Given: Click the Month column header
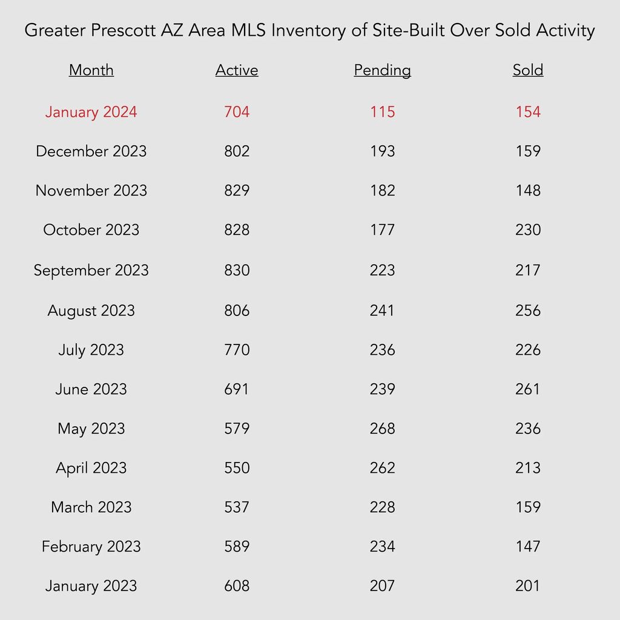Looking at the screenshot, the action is coord(91,70).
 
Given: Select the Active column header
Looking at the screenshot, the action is coord(237,70).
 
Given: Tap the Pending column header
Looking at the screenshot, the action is coord(383,71).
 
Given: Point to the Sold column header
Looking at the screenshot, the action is coord(528,70).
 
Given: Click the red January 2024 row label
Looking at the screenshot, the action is coord(91,112).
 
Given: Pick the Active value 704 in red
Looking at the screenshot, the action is coord(237,112).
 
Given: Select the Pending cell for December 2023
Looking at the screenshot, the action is coord(383,151).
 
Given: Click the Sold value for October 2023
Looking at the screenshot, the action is coord(528,230).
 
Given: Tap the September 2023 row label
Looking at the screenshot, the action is coord(91,271).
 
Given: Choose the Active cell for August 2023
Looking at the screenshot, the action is coord(237,311).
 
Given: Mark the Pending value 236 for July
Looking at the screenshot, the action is coord(383,350).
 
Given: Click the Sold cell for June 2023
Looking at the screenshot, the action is coord(528,389).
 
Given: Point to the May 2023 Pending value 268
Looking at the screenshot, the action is coord(383,429).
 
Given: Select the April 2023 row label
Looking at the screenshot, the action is coord(91,469).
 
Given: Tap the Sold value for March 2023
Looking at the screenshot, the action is coord(528,507).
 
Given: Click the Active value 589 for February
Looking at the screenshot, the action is coord(237,547).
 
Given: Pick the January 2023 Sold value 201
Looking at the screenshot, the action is coord(528,586).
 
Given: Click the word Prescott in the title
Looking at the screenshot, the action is coord(124,30).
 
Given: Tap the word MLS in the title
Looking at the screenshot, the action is coord(248,30).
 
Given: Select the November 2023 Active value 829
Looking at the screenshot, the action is coord(237,191).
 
